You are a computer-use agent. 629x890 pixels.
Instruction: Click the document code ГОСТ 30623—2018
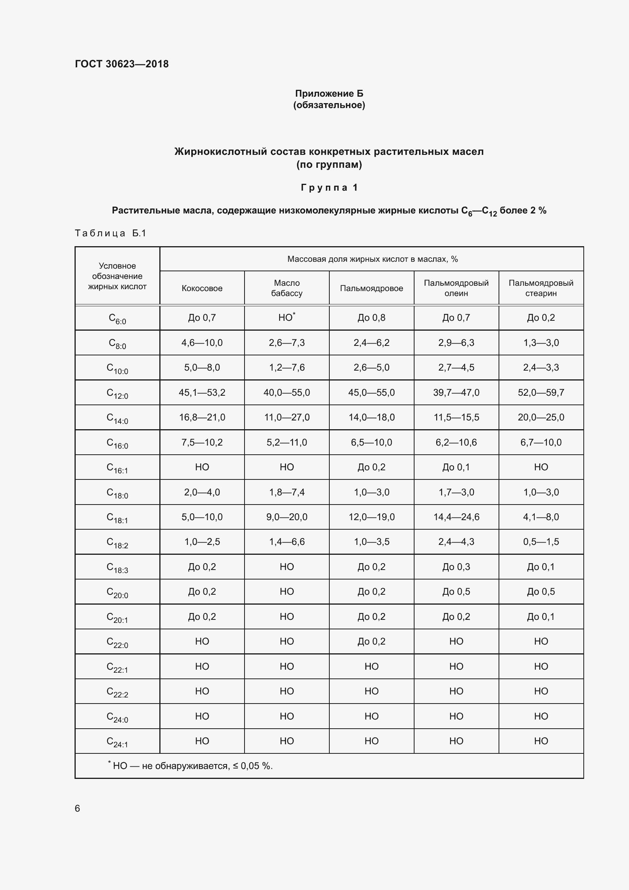122,64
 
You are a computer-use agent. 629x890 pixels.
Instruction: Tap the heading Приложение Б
329,94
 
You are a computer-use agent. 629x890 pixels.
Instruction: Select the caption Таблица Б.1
110,233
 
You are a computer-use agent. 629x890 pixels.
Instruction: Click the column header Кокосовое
202,288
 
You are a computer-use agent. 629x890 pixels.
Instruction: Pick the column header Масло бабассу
287,288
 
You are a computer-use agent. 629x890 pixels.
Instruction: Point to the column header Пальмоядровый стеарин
541,288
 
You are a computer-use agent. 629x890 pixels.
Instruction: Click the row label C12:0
117,393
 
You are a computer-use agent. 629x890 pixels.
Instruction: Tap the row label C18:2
117,542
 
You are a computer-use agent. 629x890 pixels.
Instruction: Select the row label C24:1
117,742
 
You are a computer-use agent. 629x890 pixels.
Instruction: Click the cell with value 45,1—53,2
202,393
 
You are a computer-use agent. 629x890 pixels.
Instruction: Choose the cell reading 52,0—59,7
541,393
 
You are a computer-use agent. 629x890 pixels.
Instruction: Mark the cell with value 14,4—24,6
456,517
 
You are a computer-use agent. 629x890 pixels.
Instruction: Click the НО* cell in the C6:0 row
287,317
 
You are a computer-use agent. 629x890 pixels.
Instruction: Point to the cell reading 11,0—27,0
287,417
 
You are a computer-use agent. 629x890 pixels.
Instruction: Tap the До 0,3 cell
456,567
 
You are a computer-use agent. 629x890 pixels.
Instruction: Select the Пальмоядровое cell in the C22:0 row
372,642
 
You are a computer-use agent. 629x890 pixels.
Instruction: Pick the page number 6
78,808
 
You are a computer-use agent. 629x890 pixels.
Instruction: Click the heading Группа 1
329,188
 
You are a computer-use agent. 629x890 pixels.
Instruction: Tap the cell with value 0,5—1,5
541,542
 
